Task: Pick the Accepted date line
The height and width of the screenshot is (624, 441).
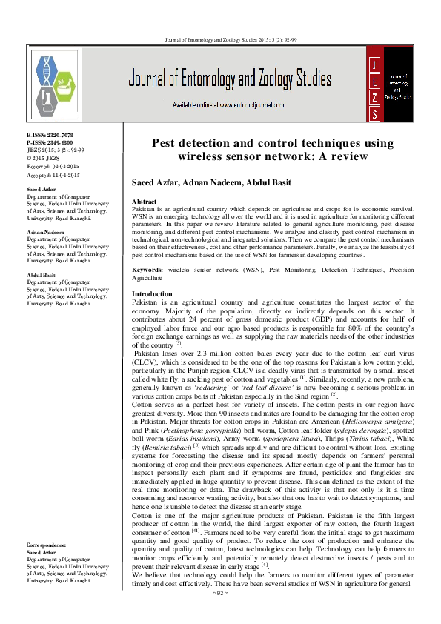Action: (x=53, y=175)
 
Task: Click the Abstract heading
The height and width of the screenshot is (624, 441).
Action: (x=143, y=202)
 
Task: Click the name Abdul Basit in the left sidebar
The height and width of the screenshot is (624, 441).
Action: (x=42, y=273)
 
